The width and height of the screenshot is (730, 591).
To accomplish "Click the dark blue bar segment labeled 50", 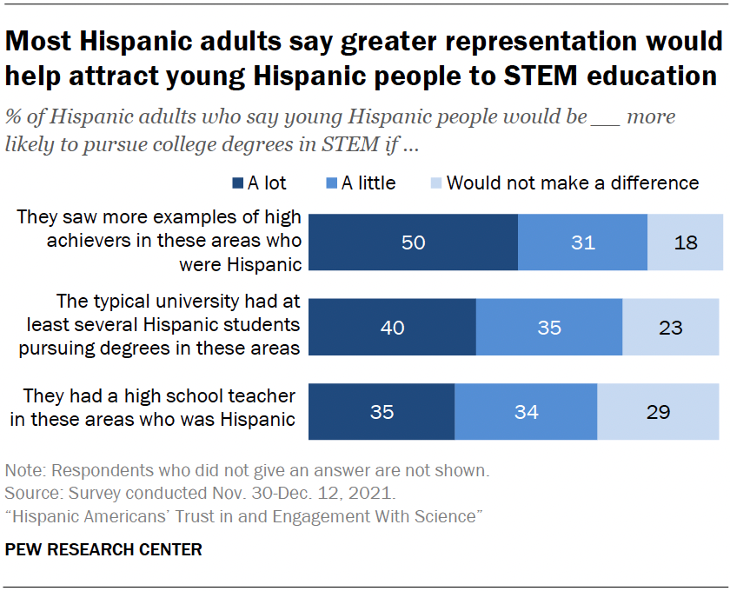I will (x=414, y=242).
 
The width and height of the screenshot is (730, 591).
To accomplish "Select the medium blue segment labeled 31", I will (x=582, y=242).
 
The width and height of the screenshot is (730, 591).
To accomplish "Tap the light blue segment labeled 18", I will (x=685, y=242).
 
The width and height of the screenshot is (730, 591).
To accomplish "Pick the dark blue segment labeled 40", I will (x=393, y=328).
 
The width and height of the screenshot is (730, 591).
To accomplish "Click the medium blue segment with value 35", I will (x=548, y=328).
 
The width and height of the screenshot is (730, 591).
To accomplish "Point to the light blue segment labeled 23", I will (x=670, y=328).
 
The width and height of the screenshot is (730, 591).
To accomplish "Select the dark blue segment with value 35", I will (x=382, y=411).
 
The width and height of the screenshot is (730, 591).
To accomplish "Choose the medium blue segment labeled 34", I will (x=526, y=411).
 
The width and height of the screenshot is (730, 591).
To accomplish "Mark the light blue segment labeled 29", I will (x=658, y=411).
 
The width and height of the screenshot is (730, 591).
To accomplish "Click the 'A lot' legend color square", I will (x=236, y=183).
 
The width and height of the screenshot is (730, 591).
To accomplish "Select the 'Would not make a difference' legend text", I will (x=573, y=183).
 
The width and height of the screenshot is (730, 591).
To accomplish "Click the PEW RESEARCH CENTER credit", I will (x=103, y=549).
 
